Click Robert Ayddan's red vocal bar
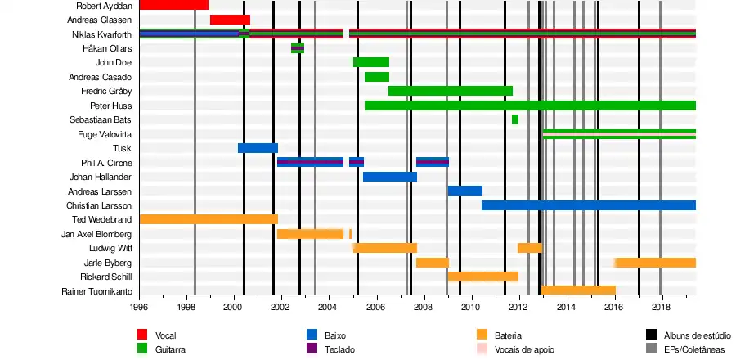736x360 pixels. (x=173, y=5)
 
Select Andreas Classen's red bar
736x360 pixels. (x=230, y=20)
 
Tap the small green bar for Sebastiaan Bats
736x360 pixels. (x=515, y=119)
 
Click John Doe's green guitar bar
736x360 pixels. (x=371, y=62)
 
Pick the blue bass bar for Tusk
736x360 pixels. (x=258, y=148)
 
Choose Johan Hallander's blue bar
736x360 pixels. (x=390, y=177)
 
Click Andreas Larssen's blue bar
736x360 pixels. (x=464, y=191)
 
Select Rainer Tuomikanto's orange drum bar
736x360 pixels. (x=578, y=290)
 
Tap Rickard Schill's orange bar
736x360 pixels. (x=482, y=277)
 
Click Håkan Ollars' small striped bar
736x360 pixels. (x=298, y=48)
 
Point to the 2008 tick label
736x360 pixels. (x=424, y=308)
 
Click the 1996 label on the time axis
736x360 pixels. (x=139, y=308)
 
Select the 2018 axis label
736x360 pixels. (x=662, y=308)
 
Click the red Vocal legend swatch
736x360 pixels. (x=142, y=335)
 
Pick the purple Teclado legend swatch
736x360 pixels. (x=312, y=349)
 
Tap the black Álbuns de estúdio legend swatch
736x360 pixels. (x=652, y=335)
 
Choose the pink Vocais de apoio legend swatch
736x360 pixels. (x=482, y=349)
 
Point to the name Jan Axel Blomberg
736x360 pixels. (x=96, y=234)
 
